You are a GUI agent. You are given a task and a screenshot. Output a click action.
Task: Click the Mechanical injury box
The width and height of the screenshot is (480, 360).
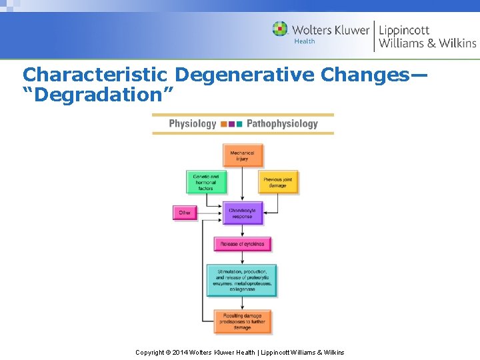click(x=243, y=156)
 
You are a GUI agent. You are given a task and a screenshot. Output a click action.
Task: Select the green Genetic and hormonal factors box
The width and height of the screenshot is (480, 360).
click(x=205, y=183)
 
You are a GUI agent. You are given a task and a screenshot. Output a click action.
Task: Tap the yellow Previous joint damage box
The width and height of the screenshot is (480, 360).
click(x=278, y=183)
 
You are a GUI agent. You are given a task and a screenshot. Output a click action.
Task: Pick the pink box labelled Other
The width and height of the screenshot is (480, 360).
click(x=185, y=213)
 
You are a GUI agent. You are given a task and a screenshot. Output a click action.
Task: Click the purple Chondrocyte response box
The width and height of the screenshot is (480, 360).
click(x=242, y=213)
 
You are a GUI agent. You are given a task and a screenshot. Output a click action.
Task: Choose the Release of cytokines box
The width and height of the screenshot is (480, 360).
click(x=242, y=244)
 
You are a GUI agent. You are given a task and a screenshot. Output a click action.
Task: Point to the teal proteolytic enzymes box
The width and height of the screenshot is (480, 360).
click(x=242, y=280)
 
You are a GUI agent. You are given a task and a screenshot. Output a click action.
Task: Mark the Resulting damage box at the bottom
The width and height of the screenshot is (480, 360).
click(x=242, y=321)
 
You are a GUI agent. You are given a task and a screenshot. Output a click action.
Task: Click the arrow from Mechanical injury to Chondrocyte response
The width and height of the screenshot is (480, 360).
click(x=243, y=185)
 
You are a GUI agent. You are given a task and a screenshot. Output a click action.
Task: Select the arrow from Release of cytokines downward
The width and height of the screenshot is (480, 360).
click(x=242, y=258)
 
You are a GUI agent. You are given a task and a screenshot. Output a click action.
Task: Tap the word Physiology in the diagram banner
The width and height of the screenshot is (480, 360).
click(x=193, y=123)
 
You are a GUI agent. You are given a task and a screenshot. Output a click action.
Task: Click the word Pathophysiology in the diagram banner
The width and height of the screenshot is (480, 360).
click(x=282, y=123)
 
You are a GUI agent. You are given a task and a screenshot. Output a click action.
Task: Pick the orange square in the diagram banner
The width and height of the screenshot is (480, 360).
click(x=223, y=124)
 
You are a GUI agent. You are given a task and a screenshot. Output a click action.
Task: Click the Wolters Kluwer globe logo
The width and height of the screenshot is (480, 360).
click(x=280, y=29)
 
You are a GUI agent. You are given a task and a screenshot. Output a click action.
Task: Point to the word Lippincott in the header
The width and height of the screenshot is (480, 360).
click(x=404, y=30)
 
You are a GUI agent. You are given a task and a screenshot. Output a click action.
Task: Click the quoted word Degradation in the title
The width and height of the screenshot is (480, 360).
click(x=98, y=95)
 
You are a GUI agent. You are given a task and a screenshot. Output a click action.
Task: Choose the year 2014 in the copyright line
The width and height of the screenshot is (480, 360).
click(x=180, y=352)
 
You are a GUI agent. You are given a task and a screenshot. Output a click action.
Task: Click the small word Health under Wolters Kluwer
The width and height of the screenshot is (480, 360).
click(x=305, y=41)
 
